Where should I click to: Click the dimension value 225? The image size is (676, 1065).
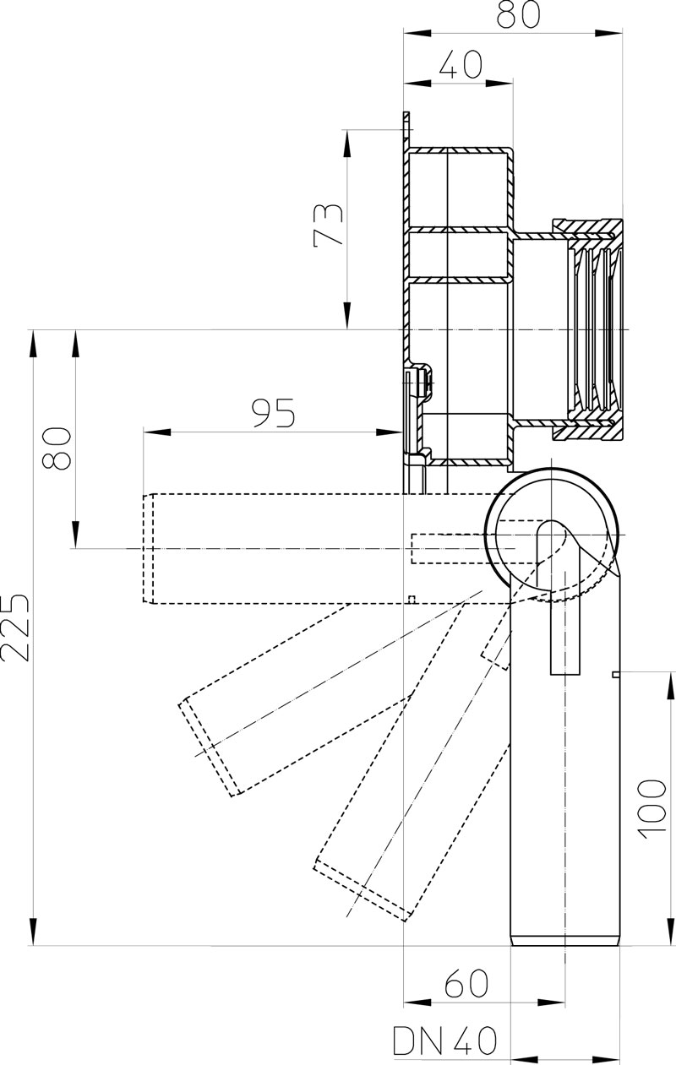click(15, 628)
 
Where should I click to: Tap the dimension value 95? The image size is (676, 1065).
click(273, 413)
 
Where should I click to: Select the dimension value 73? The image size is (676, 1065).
click(328, 225)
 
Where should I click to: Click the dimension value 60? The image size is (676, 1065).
click(466, 983)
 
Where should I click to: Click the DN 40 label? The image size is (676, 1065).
click(444, 1041)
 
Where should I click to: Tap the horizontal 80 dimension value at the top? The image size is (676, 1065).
click(519, 14)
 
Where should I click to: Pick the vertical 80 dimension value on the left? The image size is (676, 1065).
click(57, 448)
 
